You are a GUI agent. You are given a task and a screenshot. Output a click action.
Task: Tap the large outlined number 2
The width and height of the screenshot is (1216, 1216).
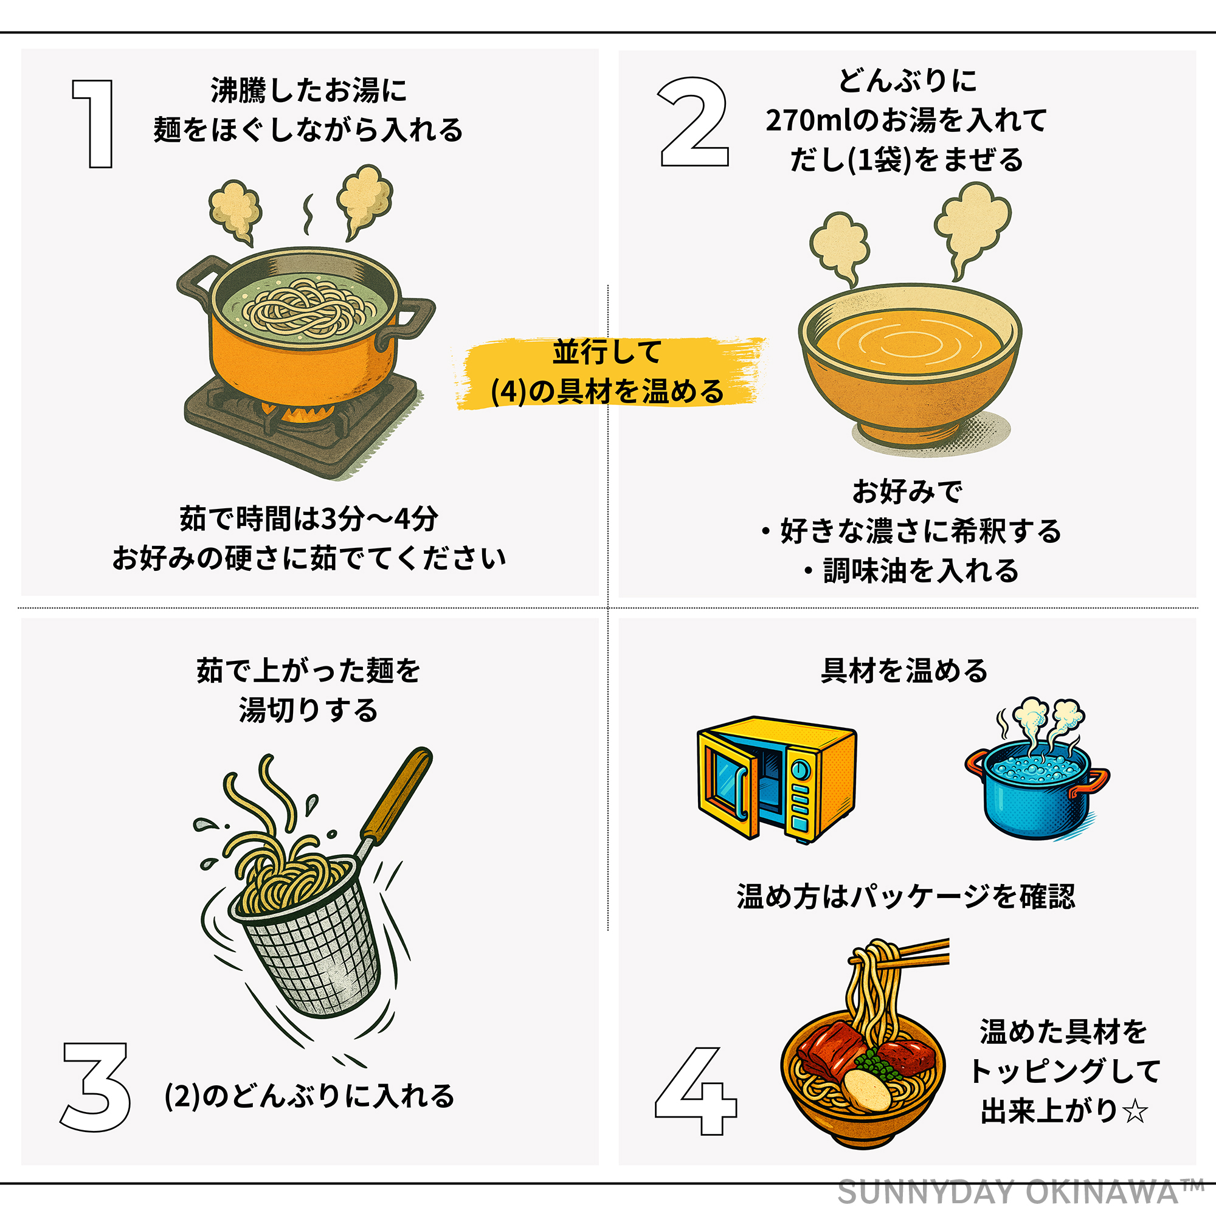click(694, 122)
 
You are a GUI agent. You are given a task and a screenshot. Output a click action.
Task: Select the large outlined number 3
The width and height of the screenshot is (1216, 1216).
click(95, 1086)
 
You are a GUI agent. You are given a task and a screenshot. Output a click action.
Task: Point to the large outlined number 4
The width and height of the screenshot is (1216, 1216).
click(696, 1091)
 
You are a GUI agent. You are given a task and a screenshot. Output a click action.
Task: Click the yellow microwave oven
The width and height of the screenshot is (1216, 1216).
click(776, 779)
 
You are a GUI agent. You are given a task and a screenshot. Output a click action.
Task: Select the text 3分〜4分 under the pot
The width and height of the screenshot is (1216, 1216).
click(379, 519)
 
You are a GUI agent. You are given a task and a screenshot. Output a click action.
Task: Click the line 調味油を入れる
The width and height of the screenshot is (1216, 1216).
click(920, 570)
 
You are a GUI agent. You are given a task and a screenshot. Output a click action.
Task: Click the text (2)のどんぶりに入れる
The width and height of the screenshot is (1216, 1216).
click(309, 1096)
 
